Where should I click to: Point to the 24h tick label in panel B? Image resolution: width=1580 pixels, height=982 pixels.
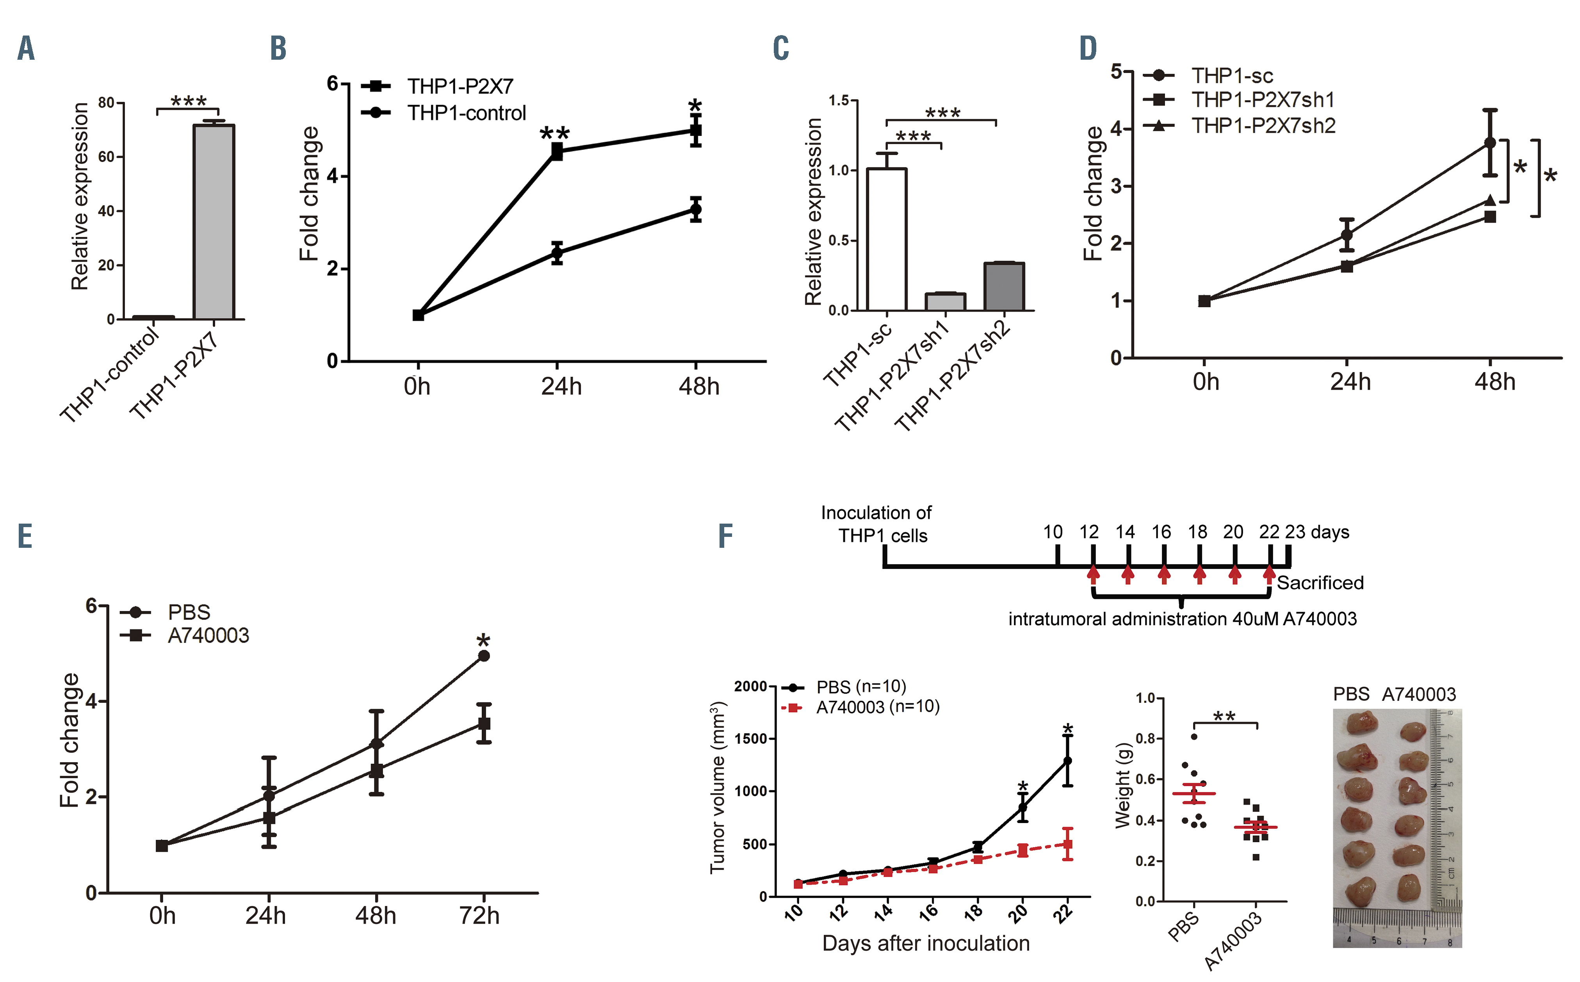561,387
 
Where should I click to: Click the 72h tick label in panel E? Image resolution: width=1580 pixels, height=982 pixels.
479,916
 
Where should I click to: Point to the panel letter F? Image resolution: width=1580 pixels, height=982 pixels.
725,536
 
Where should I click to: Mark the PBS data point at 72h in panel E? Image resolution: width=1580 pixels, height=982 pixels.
484,656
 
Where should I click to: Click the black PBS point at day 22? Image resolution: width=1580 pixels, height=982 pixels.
1067,761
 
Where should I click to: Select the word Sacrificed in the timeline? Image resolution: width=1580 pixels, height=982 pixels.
1320,583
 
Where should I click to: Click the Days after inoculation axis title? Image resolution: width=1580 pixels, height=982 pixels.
925,943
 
